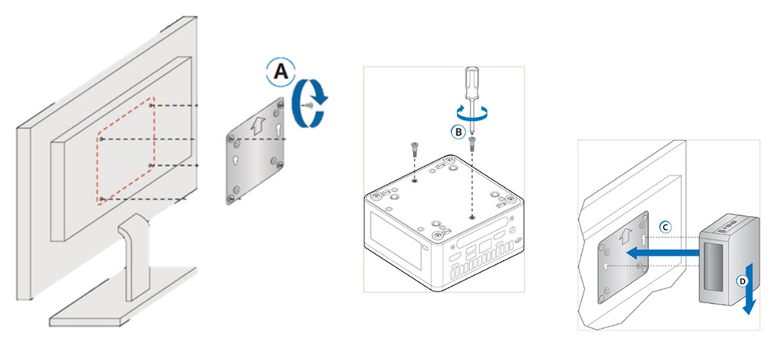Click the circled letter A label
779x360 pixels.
pyautogui.click(x=280, y=73)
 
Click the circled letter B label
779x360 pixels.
pyautogui.click(x=458, y=132)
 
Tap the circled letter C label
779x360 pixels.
pyautogui.click(x=667, y=226)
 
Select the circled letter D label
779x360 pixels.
pyautogui.click(x=742, y=281)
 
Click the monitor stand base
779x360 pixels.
pyautogui.click(x=124, y=298)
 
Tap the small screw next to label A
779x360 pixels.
pyautogui.click(x=309, y=105)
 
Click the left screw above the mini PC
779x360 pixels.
pyautogui.click(x=414, y=150)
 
